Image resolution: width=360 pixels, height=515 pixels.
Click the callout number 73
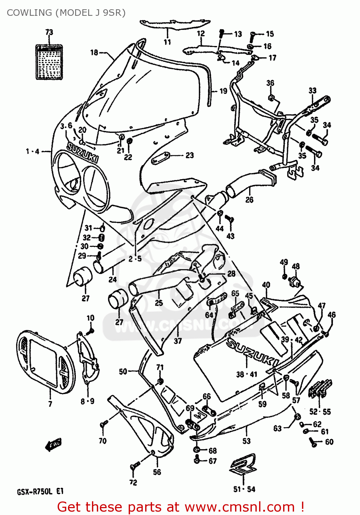click(49, 32)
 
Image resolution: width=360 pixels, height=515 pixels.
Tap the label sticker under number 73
click(49, 62)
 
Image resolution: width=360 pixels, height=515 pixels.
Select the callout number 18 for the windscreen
click(94, 53)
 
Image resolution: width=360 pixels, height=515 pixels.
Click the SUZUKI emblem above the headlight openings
click(82, 153)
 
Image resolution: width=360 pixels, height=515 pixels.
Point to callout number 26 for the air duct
click(249, 200)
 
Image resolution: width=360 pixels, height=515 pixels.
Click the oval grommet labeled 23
click(161, 158)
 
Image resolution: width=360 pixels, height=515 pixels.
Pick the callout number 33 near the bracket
click(312, 91)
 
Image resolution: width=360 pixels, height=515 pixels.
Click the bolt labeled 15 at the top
click(253, 34)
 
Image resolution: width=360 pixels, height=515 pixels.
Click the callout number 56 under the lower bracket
click(157, 472)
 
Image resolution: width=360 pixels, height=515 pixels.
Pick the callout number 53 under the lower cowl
click(246, 441)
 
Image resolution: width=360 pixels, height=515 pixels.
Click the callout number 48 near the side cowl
click(295, 266)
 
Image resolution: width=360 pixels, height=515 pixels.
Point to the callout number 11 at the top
click(167, 42)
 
